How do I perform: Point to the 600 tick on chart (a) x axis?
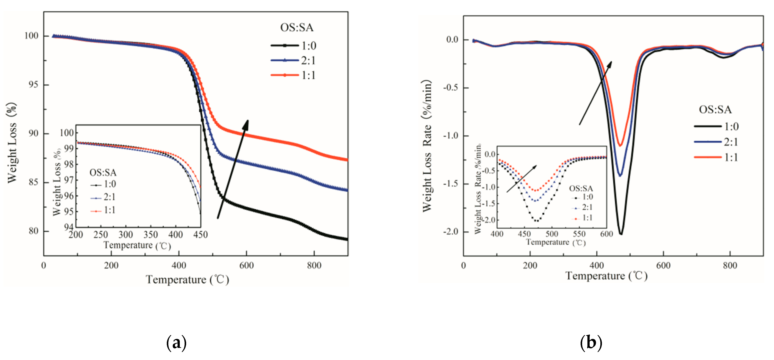click(246, 265)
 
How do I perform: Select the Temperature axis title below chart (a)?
click(187, 280)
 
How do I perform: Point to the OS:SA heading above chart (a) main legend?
click(296, 27)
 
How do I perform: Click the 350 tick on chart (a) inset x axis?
click(151, 235)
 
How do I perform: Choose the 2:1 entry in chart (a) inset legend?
click(103, 197)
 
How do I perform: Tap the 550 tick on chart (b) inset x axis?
click(579, 234)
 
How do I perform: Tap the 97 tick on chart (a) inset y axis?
click(69, 180)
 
